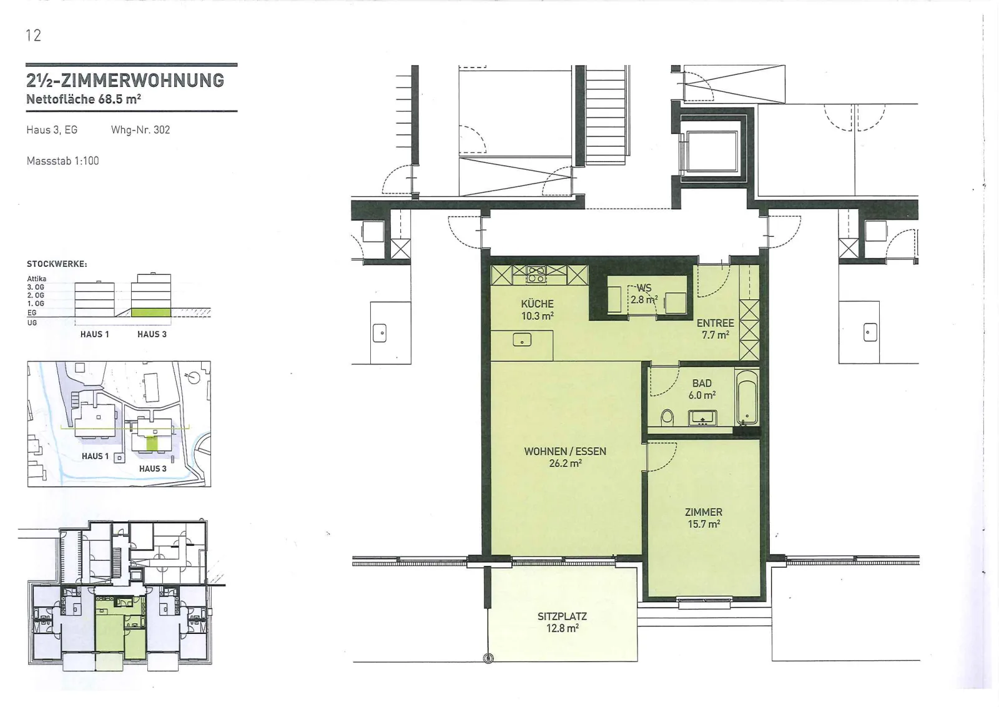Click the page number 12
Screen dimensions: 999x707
click(x=34, y=35)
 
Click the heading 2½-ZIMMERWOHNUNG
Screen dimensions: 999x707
click(x=125, y=81)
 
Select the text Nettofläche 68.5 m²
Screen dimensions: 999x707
click(x=84, y=99)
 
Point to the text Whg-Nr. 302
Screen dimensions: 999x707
click(x=140, y=130)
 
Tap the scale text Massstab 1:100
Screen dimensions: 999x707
click(x=63, y=161)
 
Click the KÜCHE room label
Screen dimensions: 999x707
click(x=538, y=304)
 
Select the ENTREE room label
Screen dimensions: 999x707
click(x=716, y=323)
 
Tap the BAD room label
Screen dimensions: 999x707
click(x=702, y=383)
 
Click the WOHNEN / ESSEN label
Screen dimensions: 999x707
click(x=565, y=452)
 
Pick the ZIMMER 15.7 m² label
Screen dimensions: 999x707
click(x=704, y=518)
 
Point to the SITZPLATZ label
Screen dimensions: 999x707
click(x=563, y=616)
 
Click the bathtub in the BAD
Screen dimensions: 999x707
click(x=747, y=397)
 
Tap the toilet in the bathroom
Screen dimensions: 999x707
click(x=667, y=417)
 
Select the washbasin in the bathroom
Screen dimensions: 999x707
click(x=703, y=418)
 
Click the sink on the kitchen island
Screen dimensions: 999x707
click(x=522, y=340)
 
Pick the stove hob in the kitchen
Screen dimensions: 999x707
click(x=536, y=275)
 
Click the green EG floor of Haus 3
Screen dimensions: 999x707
click(x=151, y=312)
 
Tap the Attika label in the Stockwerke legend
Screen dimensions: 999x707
click(x=37, y=279)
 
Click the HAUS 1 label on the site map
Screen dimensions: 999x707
click(x=95, y=456)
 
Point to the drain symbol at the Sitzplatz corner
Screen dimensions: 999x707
click(x=488, y=658)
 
